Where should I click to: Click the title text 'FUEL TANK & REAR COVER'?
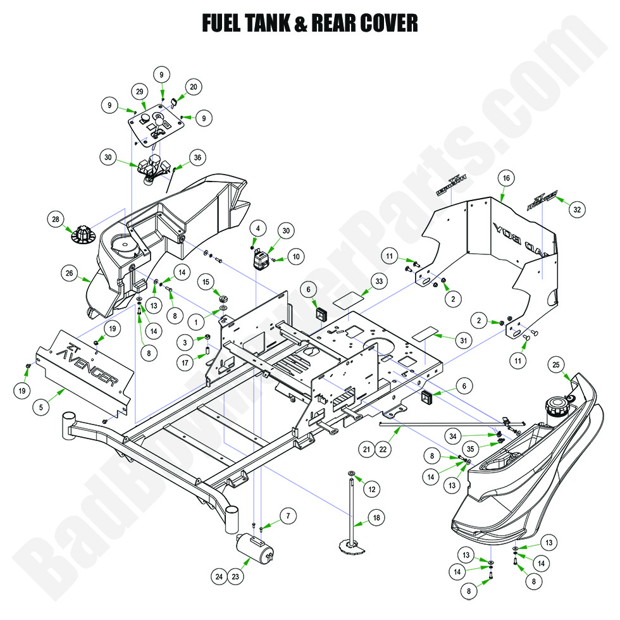tap(309, 23)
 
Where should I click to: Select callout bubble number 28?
tap(57, 220)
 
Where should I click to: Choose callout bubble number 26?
tap(70, 274)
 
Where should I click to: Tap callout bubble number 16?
tap(505, 178)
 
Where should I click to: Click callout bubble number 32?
tap(576, 209)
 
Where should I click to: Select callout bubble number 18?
tap(377, 518)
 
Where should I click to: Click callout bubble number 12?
tap(372, 488)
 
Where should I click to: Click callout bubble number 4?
tap(258, 228)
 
